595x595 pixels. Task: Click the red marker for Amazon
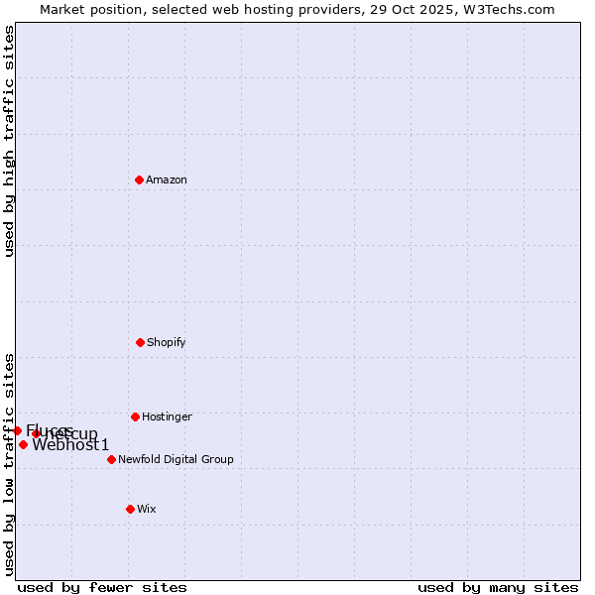[139, 179]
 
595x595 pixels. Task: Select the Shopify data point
[140, 342]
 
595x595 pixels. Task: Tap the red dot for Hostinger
[135, 416]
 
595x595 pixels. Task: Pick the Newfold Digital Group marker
[111, 459]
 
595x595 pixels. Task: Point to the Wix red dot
[130, 509]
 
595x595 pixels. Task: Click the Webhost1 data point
[23, 444]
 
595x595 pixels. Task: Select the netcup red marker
[36, 433]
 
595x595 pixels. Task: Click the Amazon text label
[167, 179]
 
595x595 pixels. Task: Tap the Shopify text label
[167, 342]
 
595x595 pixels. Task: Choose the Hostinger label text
[167, 416]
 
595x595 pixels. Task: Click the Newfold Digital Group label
[176, 459]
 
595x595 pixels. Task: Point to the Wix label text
[147, 509]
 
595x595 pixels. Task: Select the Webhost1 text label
[70, 445]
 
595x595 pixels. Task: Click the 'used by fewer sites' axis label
[102, 587]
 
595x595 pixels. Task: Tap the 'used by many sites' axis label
[498, 587]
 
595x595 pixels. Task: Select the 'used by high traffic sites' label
[10, 141]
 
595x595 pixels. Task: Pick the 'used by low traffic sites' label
[10, 463]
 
